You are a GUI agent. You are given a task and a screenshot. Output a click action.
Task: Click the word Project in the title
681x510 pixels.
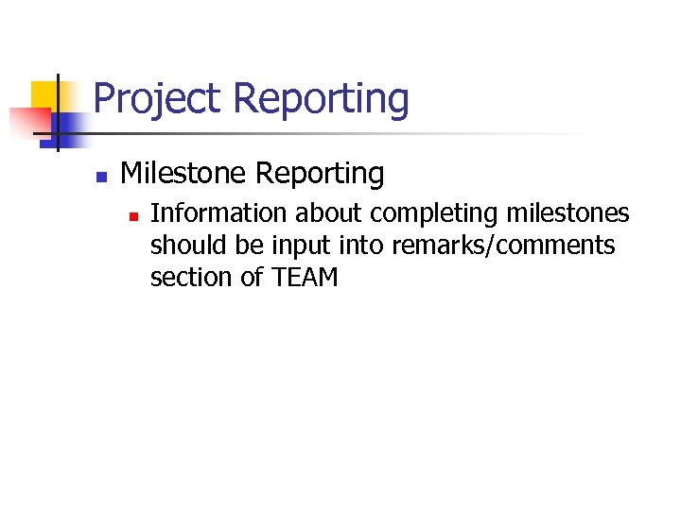157,99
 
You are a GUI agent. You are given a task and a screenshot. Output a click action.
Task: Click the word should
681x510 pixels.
180,246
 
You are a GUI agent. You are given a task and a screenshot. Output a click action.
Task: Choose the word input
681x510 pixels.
294,246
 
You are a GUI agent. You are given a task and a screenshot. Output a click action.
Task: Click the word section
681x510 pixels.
183,277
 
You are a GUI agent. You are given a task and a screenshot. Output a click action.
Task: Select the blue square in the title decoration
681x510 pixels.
69,126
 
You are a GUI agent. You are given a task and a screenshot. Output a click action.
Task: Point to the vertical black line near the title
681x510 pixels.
58,113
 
